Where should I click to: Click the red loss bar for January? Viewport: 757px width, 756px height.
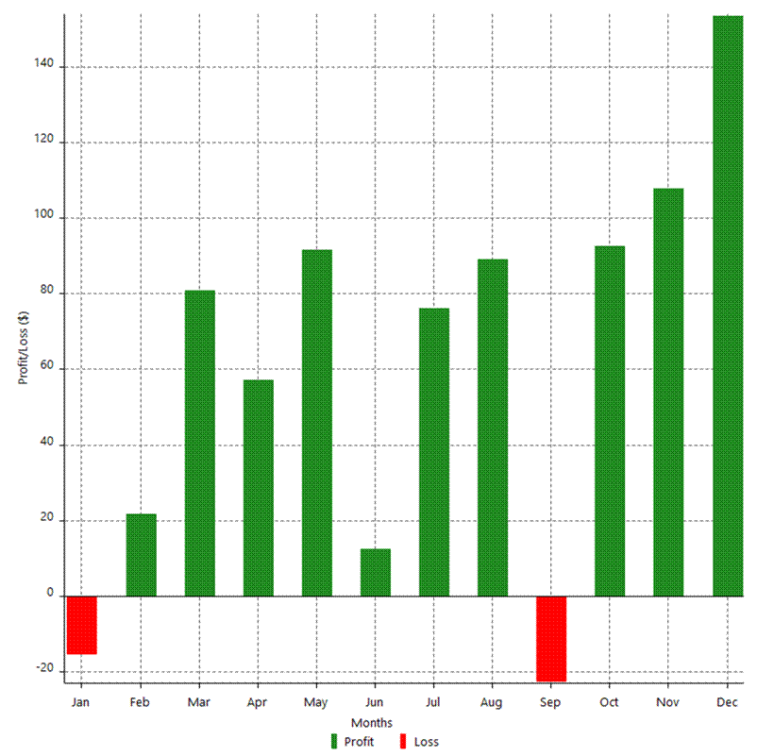pyautogui.click(x=81, y=624)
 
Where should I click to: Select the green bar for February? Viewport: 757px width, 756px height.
pyautogui.click(x=141, y=555)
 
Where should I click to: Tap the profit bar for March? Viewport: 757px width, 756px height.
pyautogui.click(x=199, y=443)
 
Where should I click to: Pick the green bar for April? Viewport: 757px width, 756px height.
pyautogui.click(x=258, y=487)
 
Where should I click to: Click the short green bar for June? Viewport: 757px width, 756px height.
pyautogui.click(x=375, y=572)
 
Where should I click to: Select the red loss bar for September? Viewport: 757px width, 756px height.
pyautogui.click(x=550, y=638)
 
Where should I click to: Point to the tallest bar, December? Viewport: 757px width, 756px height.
pyautogui.click(x=728, y=306)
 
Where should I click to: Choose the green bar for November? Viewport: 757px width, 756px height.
pyautogui.click(x=667, y=392)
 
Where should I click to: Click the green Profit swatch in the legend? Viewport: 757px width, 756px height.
pyautogui.click(x=333, y=741)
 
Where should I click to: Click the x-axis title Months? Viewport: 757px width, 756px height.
pyautogui.click(x=378, y=723)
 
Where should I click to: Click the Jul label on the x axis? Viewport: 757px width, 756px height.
pyautogui.click(x=433, y=703)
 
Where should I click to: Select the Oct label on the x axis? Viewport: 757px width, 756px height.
pyautogui.click(x=609, y=703)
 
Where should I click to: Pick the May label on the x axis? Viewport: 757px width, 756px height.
pyautogui.click(x=316, y=703)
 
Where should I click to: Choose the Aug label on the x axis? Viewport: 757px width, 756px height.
pyautogui.click(x=492, y=703)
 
